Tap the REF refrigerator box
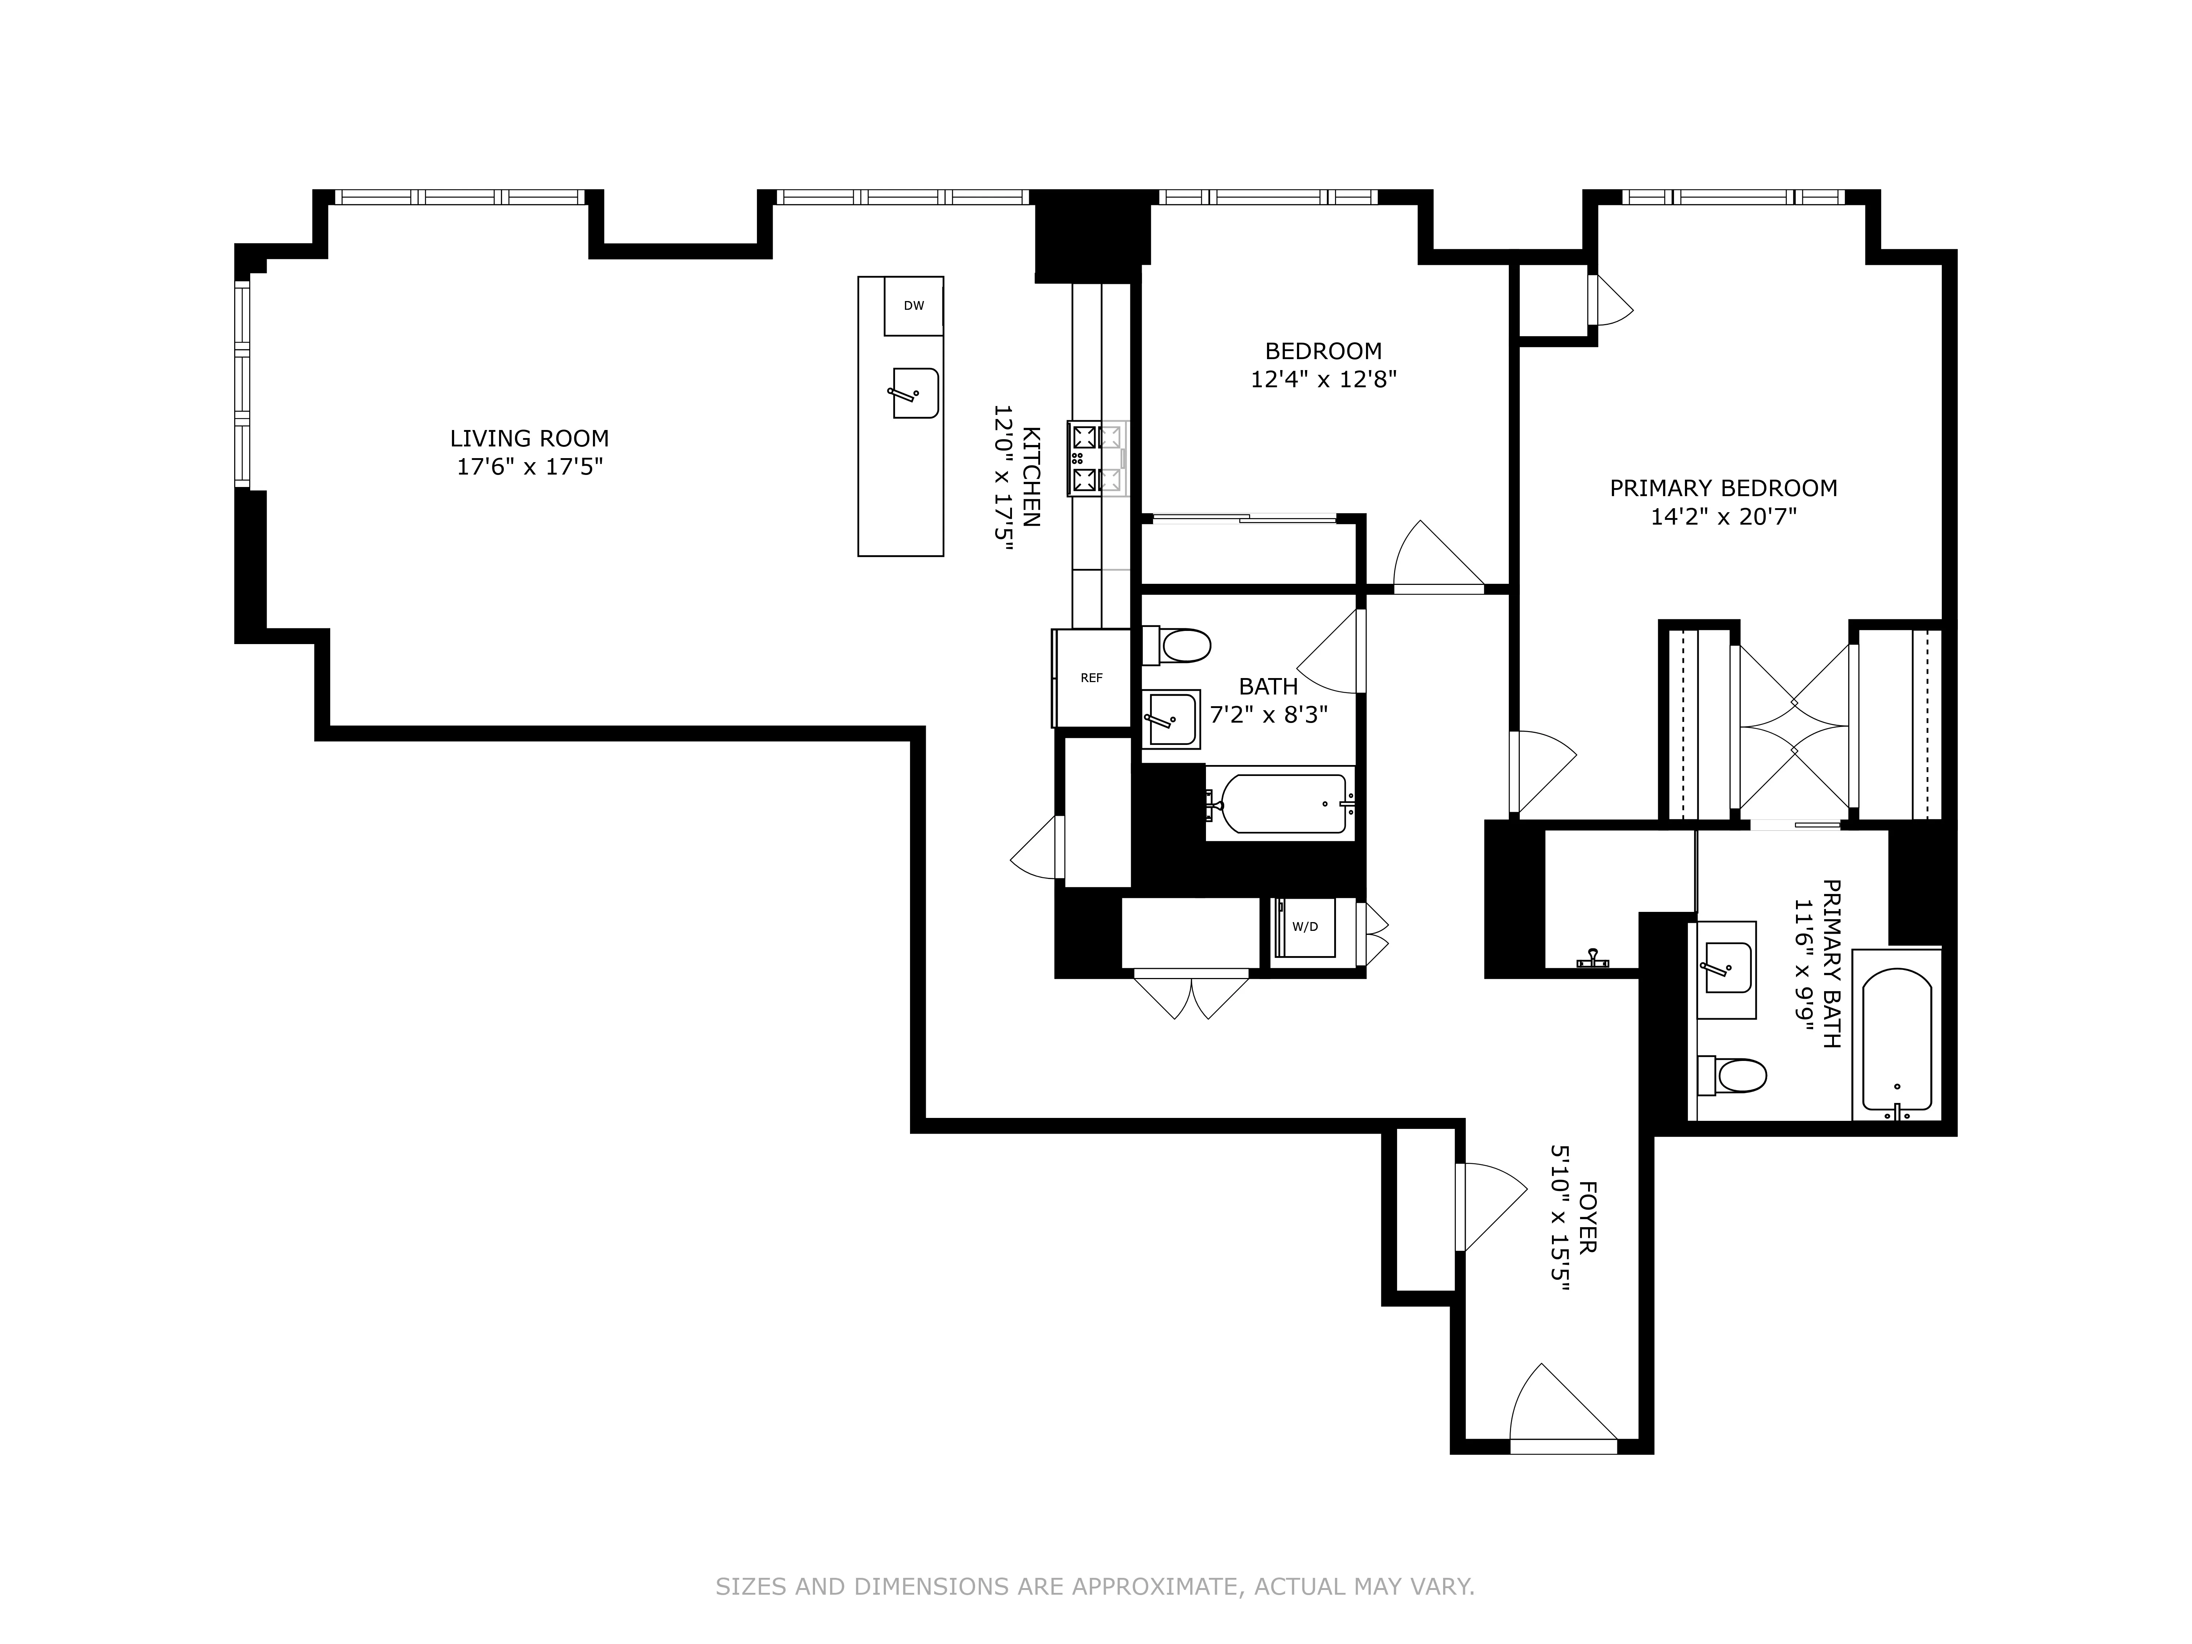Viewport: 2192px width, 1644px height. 1091,678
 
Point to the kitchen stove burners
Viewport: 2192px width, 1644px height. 1097,459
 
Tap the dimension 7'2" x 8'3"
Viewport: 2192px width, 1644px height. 1268,715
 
